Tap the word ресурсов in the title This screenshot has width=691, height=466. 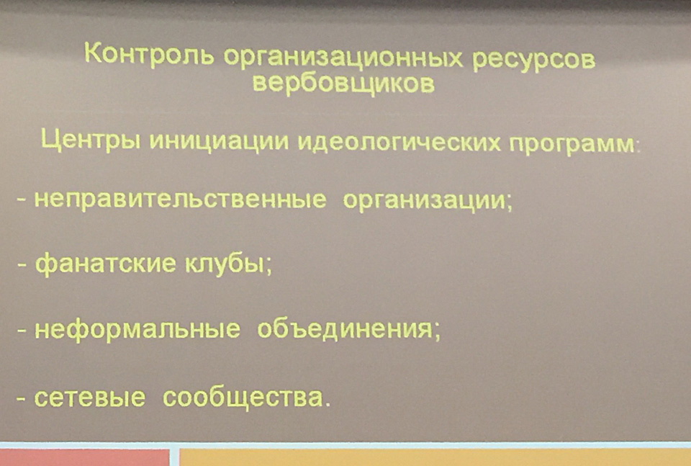(533, 61)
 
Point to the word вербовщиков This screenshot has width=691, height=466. (344, 83)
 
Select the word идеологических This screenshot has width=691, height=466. (399, 143)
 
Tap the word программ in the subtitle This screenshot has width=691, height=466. (573, 144)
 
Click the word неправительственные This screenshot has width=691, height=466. (181, 200)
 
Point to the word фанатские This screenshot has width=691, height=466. (105, 264)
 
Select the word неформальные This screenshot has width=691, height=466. (137, 329)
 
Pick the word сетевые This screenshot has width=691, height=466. (90, 398)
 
